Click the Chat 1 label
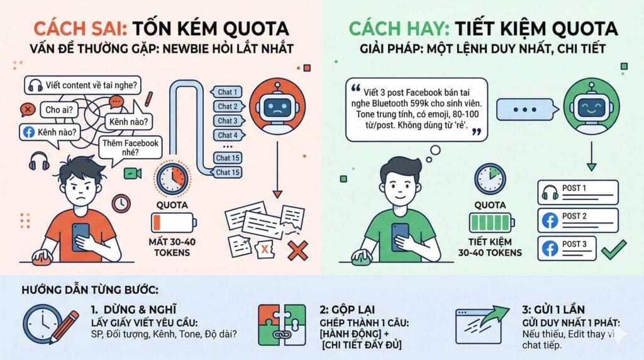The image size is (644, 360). point(227,92)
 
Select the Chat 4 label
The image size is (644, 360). point(227,135)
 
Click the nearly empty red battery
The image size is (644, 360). point(174,223)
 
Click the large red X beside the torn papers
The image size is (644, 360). point(297,250)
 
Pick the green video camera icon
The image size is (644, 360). point(133,172)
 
